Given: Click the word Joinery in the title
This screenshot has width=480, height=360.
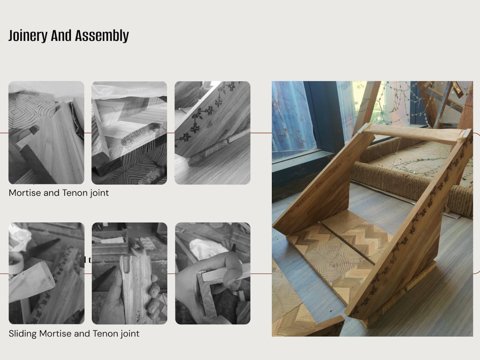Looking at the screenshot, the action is click(28, 36).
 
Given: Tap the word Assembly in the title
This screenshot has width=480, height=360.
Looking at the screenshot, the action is click(102, 36).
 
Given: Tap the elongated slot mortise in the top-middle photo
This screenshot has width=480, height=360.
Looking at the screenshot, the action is click(141, 134).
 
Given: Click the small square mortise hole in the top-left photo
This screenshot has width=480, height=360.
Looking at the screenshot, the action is click(34, 129).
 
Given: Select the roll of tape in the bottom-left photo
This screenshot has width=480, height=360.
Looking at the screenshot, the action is click(16, 263).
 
